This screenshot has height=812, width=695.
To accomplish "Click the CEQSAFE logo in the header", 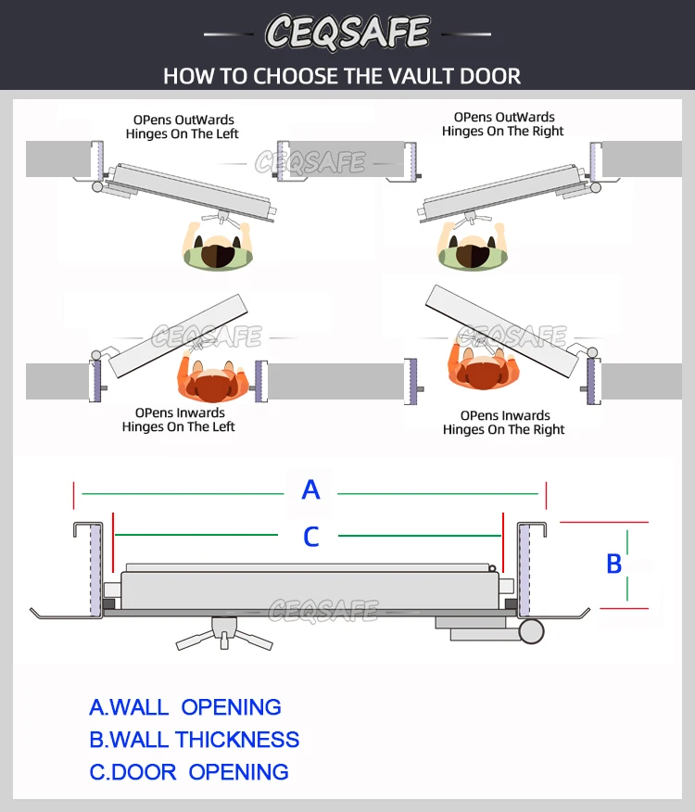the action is point(347,32).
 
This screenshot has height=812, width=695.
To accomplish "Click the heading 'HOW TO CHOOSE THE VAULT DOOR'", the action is point(342,76).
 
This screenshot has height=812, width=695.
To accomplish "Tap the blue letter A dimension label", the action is point(311,489).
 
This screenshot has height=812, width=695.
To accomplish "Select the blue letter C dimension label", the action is point(311,536).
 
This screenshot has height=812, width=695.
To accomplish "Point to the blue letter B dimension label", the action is point(613,564).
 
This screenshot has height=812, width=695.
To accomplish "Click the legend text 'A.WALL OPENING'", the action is point(185,707).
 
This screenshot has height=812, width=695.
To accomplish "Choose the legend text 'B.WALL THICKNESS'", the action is point(195,740).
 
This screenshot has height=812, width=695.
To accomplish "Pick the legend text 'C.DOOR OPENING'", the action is point(189,772).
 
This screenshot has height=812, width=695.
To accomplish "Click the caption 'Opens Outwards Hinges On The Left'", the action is point(183,127).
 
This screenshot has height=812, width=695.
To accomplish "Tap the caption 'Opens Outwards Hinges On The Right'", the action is point(503,124).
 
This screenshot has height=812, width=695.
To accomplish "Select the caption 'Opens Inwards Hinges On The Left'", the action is point(179,420).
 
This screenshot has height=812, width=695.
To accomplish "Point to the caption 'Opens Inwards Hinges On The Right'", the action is point(503,423).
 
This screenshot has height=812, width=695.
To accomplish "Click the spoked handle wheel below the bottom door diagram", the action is point(223,634).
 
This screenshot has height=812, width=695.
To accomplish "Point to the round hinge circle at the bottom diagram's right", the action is point(531,632).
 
